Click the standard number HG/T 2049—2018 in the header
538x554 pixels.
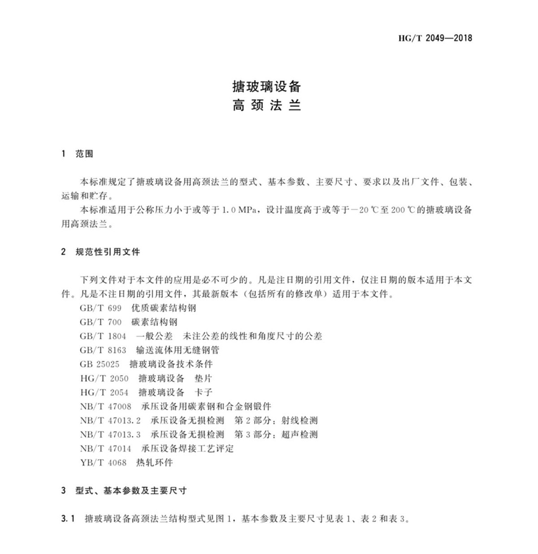pyautogui.click(x=435, y=38)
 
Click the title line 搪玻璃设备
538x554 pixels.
pyautogui.click(x=266, y=86)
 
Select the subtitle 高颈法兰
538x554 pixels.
pyautogui.click(x=266, y=106)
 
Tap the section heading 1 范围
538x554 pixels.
pyautogui.click(x=77, y=154)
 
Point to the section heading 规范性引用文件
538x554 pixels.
pyautogui.click(x=108, y=252)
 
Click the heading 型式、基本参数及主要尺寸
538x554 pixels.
pyautogui.click(x=130, y=490)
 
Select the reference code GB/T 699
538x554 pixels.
pyautogui.click(x=100, y=308)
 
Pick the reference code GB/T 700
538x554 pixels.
pyautogui.click(x=100, y=322)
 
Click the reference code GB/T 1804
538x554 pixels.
pyautogui.click(x=103, y=336)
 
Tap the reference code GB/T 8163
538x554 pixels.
pyautogui.click(x=103, y=350)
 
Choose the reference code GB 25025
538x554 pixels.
pyautogui.click(x=100, y=364)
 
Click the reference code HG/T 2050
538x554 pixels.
pyautogui.click(x=104, y=378)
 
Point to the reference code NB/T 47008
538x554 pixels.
pyautogui.click(x=105, y=406)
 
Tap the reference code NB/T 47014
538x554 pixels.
pyautogui.click(x=105, y=448)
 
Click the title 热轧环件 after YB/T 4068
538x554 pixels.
pyautogui.click(x=154, y=462)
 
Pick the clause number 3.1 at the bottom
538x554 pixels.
pyautogui.click(x=68, y=519)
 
